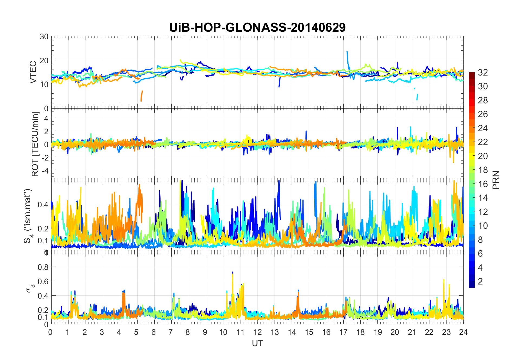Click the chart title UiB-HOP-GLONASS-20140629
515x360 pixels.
coord(257,28)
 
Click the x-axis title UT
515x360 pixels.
coord(257,343)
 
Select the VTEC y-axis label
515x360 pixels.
coord(33,72)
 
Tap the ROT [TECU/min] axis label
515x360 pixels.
coord(35,144)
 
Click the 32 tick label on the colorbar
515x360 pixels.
coord(483,72)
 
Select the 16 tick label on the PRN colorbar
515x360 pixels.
coord(483,184)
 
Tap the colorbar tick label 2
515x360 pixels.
coord(480,281)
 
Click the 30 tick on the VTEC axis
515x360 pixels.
coord(44,37)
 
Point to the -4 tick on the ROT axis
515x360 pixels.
coord(45,170)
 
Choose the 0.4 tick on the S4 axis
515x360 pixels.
coord(43,204)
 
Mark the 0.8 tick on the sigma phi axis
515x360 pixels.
coord(43,267)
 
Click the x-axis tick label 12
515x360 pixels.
coord(257,332)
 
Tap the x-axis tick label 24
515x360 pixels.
coord(464,332)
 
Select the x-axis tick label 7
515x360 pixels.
coord(171,332)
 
